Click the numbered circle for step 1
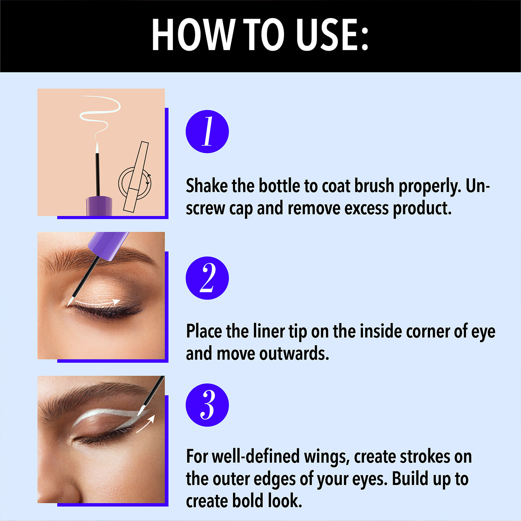coord(207,132)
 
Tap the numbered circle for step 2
coord(207,278)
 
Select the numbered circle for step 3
coord(207,405)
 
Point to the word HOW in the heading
coord(193,35)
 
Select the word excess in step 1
coord(366,208)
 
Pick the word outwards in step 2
coord(294,354)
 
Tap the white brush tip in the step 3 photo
coord(141,411)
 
